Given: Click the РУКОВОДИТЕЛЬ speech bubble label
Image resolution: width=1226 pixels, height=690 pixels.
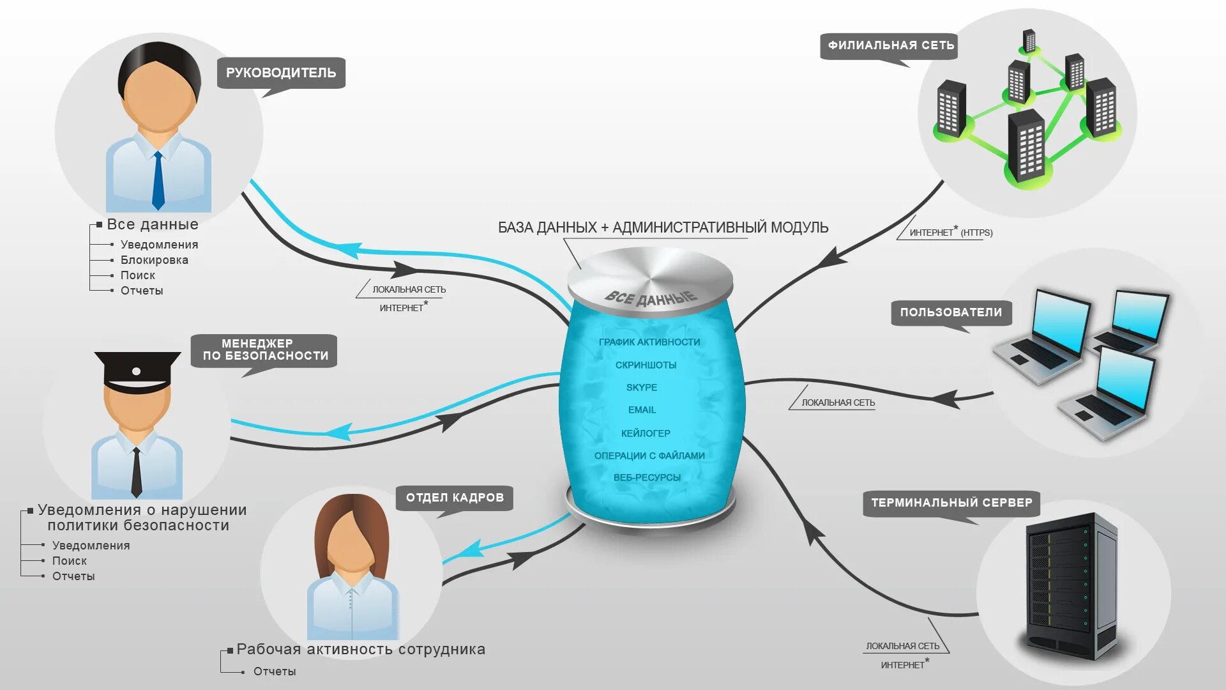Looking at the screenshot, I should pos(281,73).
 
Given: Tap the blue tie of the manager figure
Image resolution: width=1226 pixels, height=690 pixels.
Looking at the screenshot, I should pos(158,182).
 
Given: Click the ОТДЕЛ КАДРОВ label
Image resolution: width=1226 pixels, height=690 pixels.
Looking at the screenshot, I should pos(455,498).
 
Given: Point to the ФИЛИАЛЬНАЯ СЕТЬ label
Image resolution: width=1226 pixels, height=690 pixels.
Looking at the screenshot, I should pos(891,45).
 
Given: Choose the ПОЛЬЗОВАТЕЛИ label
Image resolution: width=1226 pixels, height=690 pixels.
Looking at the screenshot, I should pos(951,312).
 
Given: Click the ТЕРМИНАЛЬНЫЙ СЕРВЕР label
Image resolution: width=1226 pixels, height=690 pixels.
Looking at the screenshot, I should pos(951,503).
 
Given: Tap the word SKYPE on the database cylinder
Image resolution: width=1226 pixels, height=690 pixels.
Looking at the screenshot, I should pos(642,388).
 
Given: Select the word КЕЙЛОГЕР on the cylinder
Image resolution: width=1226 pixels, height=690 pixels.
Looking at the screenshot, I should pos(646,433).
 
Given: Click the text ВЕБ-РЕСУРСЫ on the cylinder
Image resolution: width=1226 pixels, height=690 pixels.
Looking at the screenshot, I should pos(647,478).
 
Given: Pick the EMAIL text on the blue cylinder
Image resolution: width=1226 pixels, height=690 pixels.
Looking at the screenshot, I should pos(642,410).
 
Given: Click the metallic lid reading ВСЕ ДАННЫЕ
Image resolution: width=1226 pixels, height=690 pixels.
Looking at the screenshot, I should pos(650,281).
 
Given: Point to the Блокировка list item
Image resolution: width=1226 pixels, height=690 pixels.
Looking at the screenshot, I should pos(154,260).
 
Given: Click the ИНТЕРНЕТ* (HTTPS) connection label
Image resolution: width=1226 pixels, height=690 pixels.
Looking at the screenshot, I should pos(951,233).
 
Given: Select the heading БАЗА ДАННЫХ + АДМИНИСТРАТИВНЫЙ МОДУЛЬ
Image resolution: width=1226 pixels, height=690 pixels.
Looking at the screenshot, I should pos(663,227).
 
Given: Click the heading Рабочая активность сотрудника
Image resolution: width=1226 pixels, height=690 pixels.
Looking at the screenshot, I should pos(361,650).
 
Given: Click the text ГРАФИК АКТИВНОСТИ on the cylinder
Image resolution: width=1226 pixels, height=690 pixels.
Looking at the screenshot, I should pos(649,342).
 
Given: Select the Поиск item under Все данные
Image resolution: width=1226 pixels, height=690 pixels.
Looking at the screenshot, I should pos(138,275).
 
